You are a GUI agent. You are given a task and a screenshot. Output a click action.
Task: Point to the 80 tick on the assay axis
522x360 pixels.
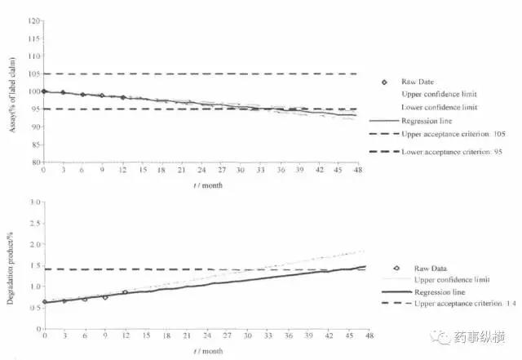pyautogui.click(x=34, y=162)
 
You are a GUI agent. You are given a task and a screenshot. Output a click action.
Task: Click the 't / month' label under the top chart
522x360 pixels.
pyautogui.click(x=206, y=184)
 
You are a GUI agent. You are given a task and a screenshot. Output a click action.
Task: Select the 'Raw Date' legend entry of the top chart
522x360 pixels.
pyautogui.click(x=419, y=82)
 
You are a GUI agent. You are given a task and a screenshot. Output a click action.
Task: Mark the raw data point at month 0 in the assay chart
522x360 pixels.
pyautogui.click(x=44, y=91)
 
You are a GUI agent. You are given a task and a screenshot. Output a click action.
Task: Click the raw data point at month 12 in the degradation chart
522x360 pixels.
pyautogui.click(x=124, y=292)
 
